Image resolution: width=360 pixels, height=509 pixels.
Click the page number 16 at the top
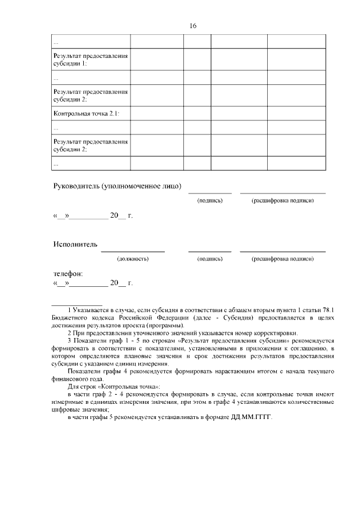click(x=193, y=25)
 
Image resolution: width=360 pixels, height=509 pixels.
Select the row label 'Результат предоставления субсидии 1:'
click(x=91, y=60)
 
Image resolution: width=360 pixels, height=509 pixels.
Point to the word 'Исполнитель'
click(x=75, y=244)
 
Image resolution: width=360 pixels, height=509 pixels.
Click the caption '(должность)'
click(x=133, y=259)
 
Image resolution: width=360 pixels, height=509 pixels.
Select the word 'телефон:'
click(x=68, y=273)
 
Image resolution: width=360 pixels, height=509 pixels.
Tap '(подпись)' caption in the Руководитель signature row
click(x=210, y=201)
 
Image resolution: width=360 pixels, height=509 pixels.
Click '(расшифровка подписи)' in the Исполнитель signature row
click(x=282, y=259)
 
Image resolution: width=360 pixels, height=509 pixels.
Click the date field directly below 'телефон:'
click(x=93, y=282)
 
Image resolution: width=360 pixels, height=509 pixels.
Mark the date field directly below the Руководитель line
click(x=93, y=215)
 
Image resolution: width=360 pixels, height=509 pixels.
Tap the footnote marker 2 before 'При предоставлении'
click(x=69, y=332)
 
